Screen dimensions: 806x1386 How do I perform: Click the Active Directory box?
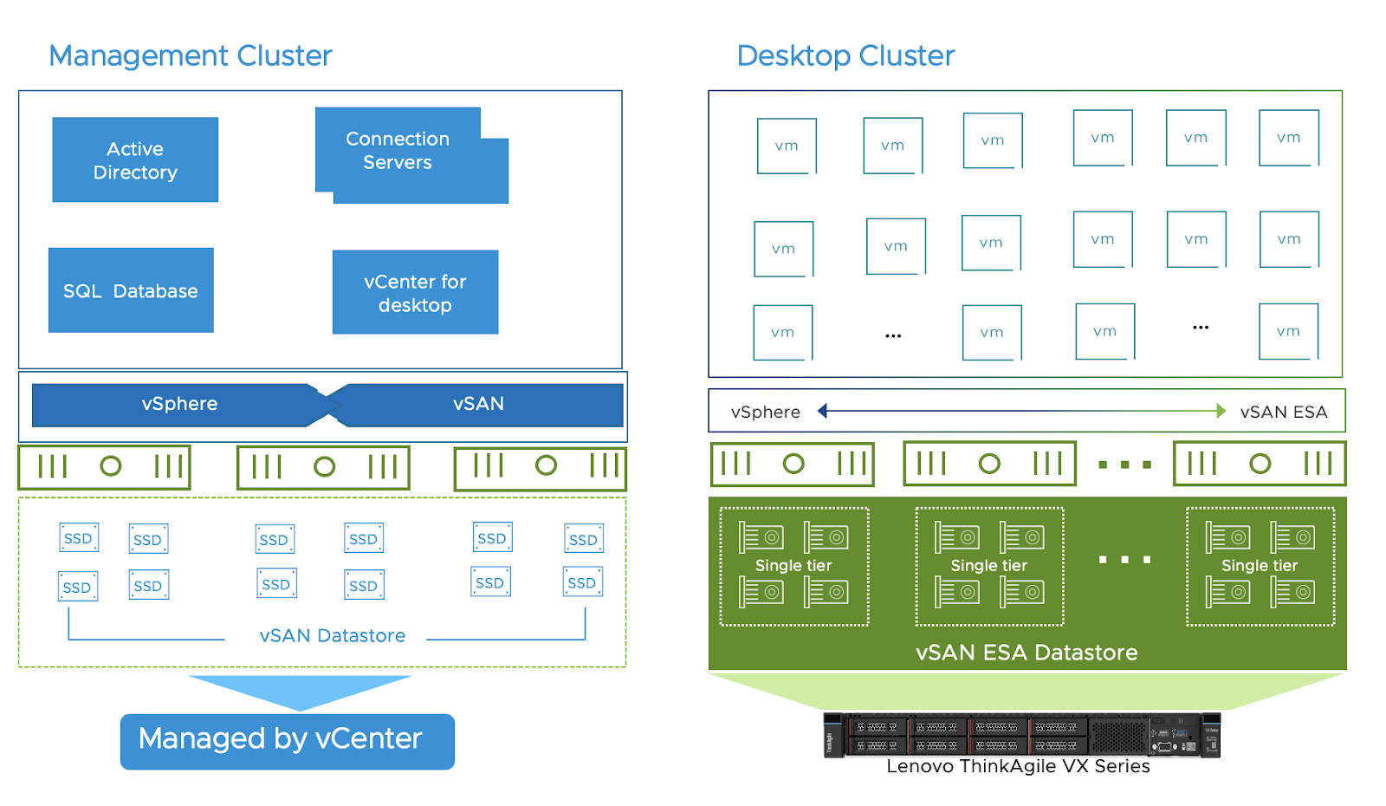tap(135, 160)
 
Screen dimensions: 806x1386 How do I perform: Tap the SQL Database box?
tap(131, 291)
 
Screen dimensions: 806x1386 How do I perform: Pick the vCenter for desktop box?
tap(415, 293)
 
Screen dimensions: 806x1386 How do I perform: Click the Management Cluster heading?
tap(191, 55)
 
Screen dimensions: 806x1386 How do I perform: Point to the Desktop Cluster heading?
tap(845, 55)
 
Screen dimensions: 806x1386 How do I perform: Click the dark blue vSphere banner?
tap(179, 404)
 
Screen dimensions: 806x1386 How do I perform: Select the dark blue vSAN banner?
tap(478, 404)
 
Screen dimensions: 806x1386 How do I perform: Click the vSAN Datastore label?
tap(333, 636)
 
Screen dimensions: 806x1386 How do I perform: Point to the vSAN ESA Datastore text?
tap(1027, 653)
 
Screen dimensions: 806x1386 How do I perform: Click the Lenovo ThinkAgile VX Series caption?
tap(1018, 767)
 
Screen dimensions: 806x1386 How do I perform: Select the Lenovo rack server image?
tap(1022, 735)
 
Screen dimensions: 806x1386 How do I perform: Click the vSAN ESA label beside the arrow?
tap(1284, 413)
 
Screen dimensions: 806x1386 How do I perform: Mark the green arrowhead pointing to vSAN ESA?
tap(1221, 411)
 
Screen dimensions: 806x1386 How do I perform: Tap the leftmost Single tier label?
tap(793, 566)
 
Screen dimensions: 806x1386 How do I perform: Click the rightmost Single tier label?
tap(1260, 566)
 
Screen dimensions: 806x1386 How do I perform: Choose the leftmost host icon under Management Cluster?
tap(105, 467)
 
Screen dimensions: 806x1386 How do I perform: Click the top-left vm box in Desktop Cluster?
tap(787, 146)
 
